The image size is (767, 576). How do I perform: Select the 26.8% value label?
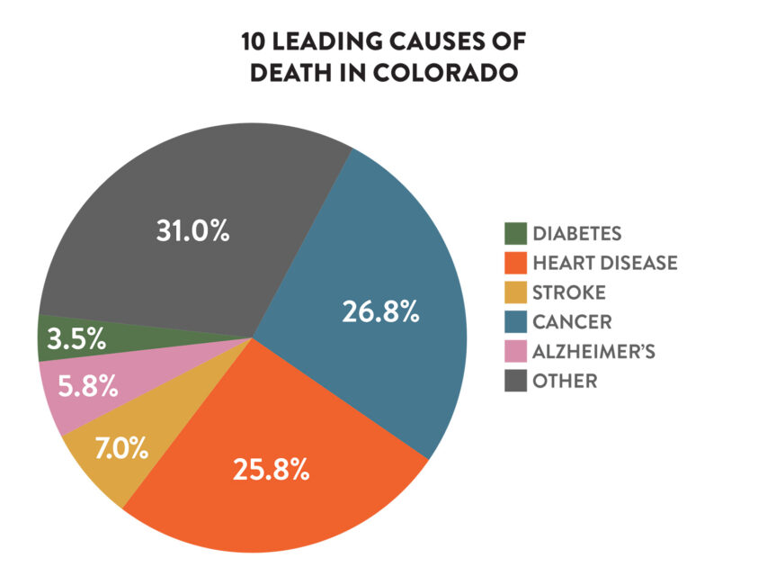point(380,311)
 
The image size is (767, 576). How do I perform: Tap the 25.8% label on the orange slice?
point(271,469)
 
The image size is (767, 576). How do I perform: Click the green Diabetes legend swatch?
point(514,234)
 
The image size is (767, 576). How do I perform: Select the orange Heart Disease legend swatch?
point(514,264)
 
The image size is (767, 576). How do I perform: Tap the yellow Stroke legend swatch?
point(514,292)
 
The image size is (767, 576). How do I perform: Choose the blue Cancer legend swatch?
point(514,322)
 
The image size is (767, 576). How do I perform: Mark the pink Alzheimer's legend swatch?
point(514,351)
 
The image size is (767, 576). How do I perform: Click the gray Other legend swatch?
point(514,381)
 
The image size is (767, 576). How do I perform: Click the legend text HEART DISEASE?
point(604,264)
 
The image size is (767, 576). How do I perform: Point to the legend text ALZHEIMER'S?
point(593,351)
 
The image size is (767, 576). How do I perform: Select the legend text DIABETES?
point(576,234)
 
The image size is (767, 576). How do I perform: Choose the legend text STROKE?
point(568,292)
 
